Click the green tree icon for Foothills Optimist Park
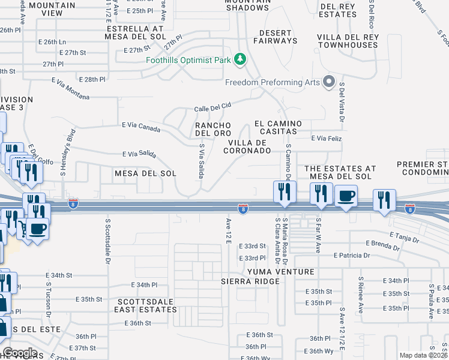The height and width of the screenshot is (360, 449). click(240, 59)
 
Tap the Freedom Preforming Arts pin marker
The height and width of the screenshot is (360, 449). click(328, 82)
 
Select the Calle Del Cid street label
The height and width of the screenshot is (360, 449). click(212, 107)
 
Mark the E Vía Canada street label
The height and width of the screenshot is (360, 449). click(141, 127)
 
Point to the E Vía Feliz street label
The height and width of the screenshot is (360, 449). click(326, 138)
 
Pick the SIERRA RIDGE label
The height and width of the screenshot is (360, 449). click(250, 281)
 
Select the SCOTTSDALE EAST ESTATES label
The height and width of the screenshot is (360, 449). click(147, 305)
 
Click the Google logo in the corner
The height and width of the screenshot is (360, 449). click(20, 353)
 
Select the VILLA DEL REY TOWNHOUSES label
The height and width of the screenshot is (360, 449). click(348, 41)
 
